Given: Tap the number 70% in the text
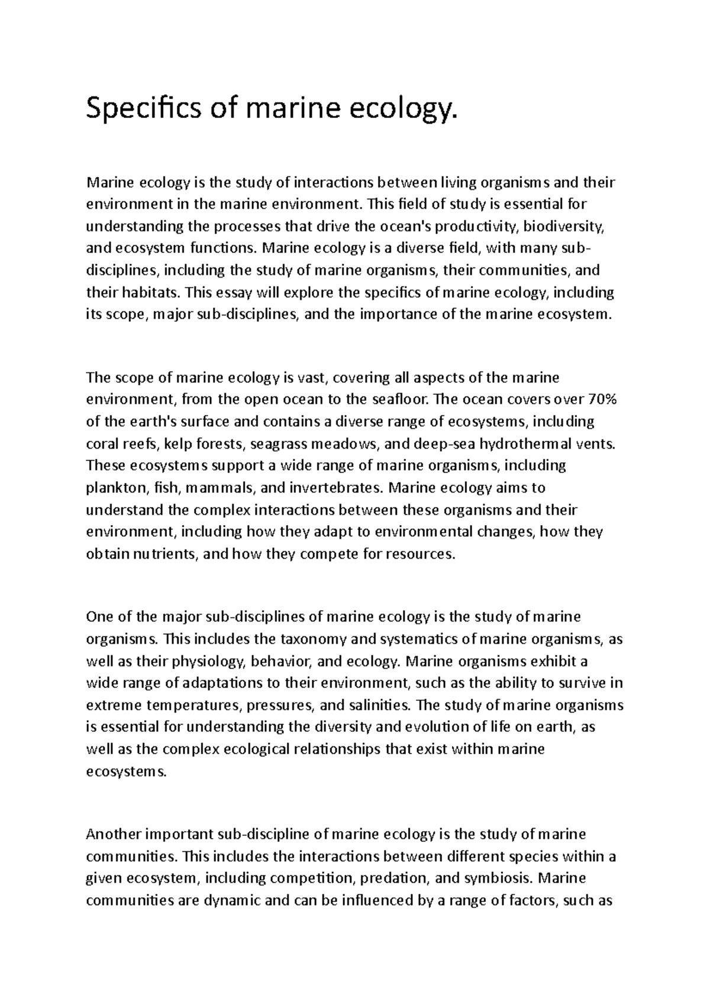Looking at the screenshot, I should click(x=603, y=400).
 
